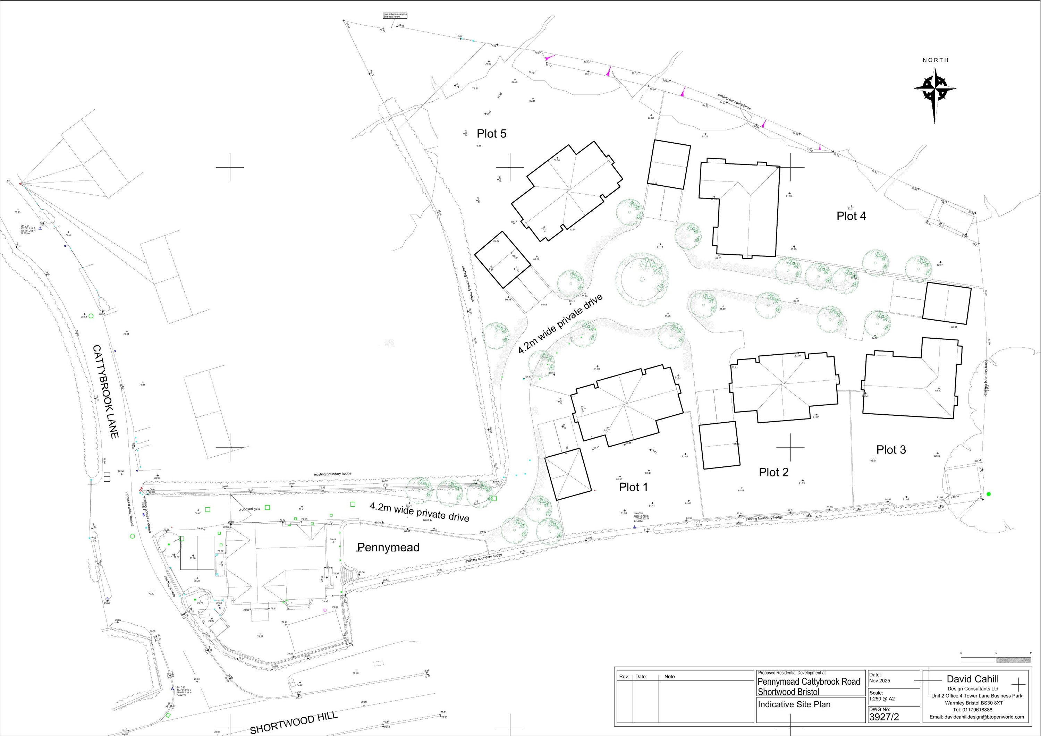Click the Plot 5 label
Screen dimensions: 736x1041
tap(491, 134)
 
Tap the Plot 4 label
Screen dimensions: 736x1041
tap(851, 216)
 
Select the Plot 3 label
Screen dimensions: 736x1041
tap(891, 450)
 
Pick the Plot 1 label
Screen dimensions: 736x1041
tap(633, 488)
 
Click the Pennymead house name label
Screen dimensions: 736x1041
tap(388, 547)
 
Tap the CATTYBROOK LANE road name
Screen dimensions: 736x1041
tap(105, 391)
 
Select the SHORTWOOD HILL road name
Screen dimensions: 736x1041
tap(294, 722)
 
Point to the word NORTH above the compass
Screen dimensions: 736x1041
tap(936, 60)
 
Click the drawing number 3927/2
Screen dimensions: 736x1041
tap(884, 717)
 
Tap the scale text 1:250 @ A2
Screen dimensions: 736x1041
tap(882, 699)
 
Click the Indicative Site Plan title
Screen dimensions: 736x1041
tap(794, 704)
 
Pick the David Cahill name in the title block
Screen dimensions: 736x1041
tap(973, 679)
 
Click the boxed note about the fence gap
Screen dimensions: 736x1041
tap(395, 15)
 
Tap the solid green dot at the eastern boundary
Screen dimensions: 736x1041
tap(988, 494)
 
